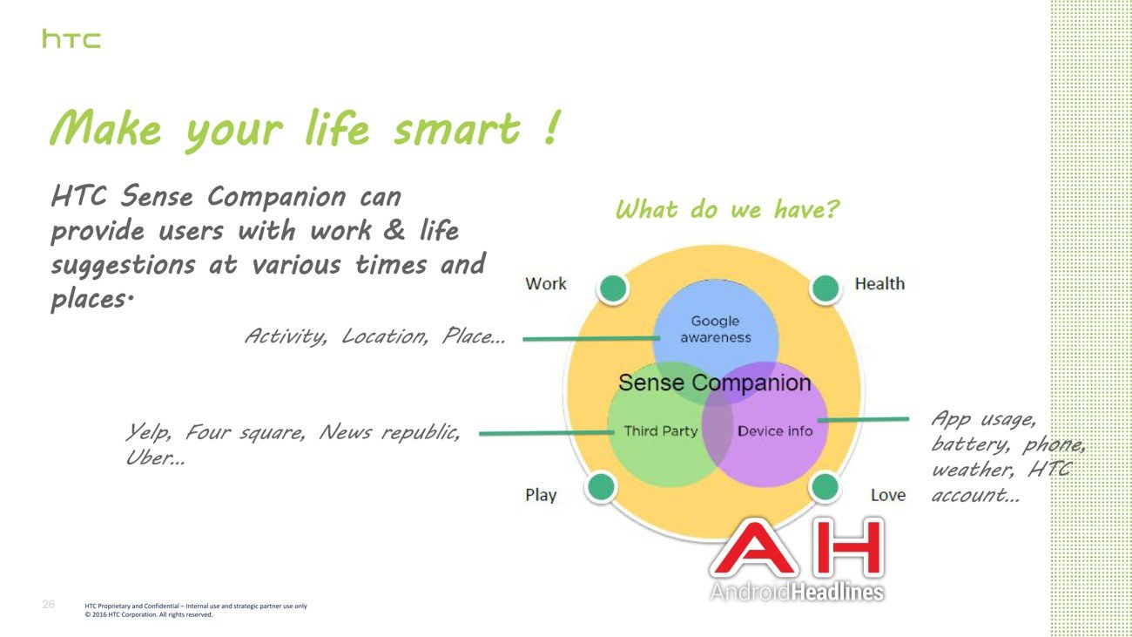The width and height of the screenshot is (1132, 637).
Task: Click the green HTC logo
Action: [71, 39]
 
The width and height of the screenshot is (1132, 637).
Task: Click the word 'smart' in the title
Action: [457, 128]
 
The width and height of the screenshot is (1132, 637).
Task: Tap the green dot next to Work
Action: [613, 288]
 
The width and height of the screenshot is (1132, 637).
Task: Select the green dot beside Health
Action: [825, 288]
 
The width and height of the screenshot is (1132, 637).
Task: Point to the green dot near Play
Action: [602, 486]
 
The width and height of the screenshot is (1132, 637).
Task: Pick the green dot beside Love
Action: [825, 486]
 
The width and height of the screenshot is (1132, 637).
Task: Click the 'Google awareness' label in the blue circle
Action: [716, 329]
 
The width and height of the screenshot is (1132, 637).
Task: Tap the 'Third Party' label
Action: [661, 431]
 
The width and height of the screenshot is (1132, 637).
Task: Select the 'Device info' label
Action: [775, 431]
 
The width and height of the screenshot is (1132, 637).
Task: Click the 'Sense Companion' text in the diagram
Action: [715, 383]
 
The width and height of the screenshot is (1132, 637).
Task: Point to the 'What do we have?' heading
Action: [727, 209]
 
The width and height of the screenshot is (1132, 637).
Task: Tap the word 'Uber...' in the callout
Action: [155, 457]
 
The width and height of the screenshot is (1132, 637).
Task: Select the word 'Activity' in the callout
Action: [286, 336]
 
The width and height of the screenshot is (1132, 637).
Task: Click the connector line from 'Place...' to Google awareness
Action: [591, 339]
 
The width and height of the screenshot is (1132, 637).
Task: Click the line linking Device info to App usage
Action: [863, 419]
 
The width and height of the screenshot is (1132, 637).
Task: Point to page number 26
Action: [49, 604]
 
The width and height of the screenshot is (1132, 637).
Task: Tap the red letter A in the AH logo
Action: [753, 549]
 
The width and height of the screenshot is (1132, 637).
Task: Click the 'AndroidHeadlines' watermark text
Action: [797, 592]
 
